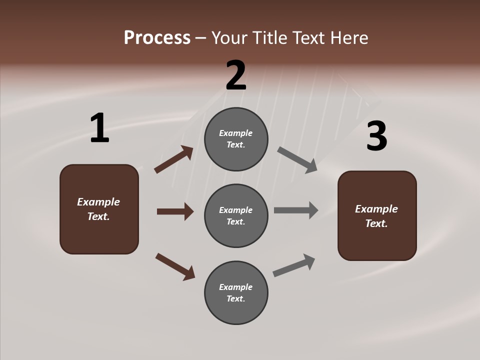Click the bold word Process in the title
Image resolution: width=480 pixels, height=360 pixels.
[x=157, y=38]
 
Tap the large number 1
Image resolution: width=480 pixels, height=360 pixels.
[x=99, y=128]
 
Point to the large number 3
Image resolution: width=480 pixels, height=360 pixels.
[x=376, y=136]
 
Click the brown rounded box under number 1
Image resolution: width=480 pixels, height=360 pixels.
[x=99, y=235]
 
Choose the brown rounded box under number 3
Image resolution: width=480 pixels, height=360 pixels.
[x=377, y=242]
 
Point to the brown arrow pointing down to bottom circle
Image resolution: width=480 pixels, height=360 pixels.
[x=175, y=266]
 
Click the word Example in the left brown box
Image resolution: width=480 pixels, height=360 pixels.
[x=98, y=202]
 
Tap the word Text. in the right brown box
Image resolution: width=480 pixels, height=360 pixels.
[x=376, y=223]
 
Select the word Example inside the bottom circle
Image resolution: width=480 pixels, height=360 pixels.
[x=236, y=287]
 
